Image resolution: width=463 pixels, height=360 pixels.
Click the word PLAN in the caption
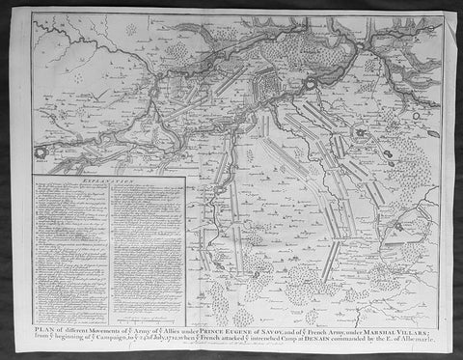[x=42, y=330]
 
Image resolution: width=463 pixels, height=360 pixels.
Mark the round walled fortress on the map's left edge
[x=40, y=152]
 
